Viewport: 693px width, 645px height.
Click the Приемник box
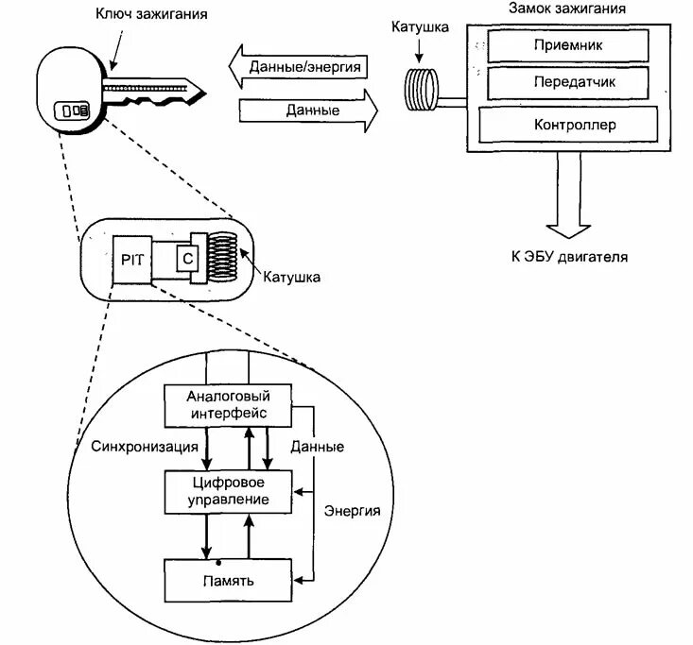point(568,43)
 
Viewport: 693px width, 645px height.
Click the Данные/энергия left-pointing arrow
point(299,67)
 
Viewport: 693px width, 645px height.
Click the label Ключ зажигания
point(151,14)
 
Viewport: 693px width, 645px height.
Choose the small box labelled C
point(187,258)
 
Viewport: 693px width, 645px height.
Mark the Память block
point(228,580)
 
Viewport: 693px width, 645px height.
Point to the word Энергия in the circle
point(353,511)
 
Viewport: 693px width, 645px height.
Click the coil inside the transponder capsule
point(223,257)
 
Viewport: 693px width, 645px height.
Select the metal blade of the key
point(156,89)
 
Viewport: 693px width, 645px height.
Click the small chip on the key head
point(74,110)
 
